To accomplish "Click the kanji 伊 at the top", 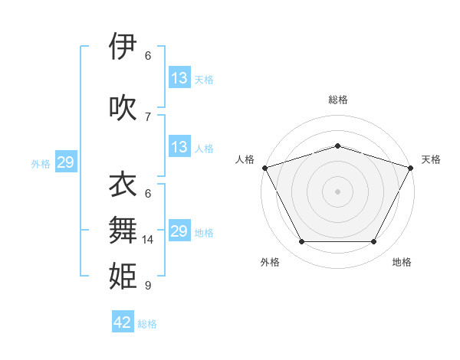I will pos(122,47).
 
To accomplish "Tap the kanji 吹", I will pos(122,108).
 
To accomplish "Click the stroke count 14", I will pos(148,240).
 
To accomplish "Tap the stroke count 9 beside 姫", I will pos(148,286).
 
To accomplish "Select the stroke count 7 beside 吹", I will pos(148,116).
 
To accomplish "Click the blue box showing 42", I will pos(123,322).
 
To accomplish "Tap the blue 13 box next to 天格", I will pos(179,78).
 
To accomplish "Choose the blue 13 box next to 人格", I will pos(179,147).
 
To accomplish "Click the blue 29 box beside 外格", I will pos(65,162).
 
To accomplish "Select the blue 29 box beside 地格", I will pos(179,231).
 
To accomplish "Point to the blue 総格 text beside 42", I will pos(147,324).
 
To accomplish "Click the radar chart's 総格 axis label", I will pos(337,100).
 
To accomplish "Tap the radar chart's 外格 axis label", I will pos(270,262).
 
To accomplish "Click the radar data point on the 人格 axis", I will pos(264,168).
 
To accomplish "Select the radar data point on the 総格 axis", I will pos(337,146).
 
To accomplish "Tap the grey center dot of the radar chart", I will pos(337,191).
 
